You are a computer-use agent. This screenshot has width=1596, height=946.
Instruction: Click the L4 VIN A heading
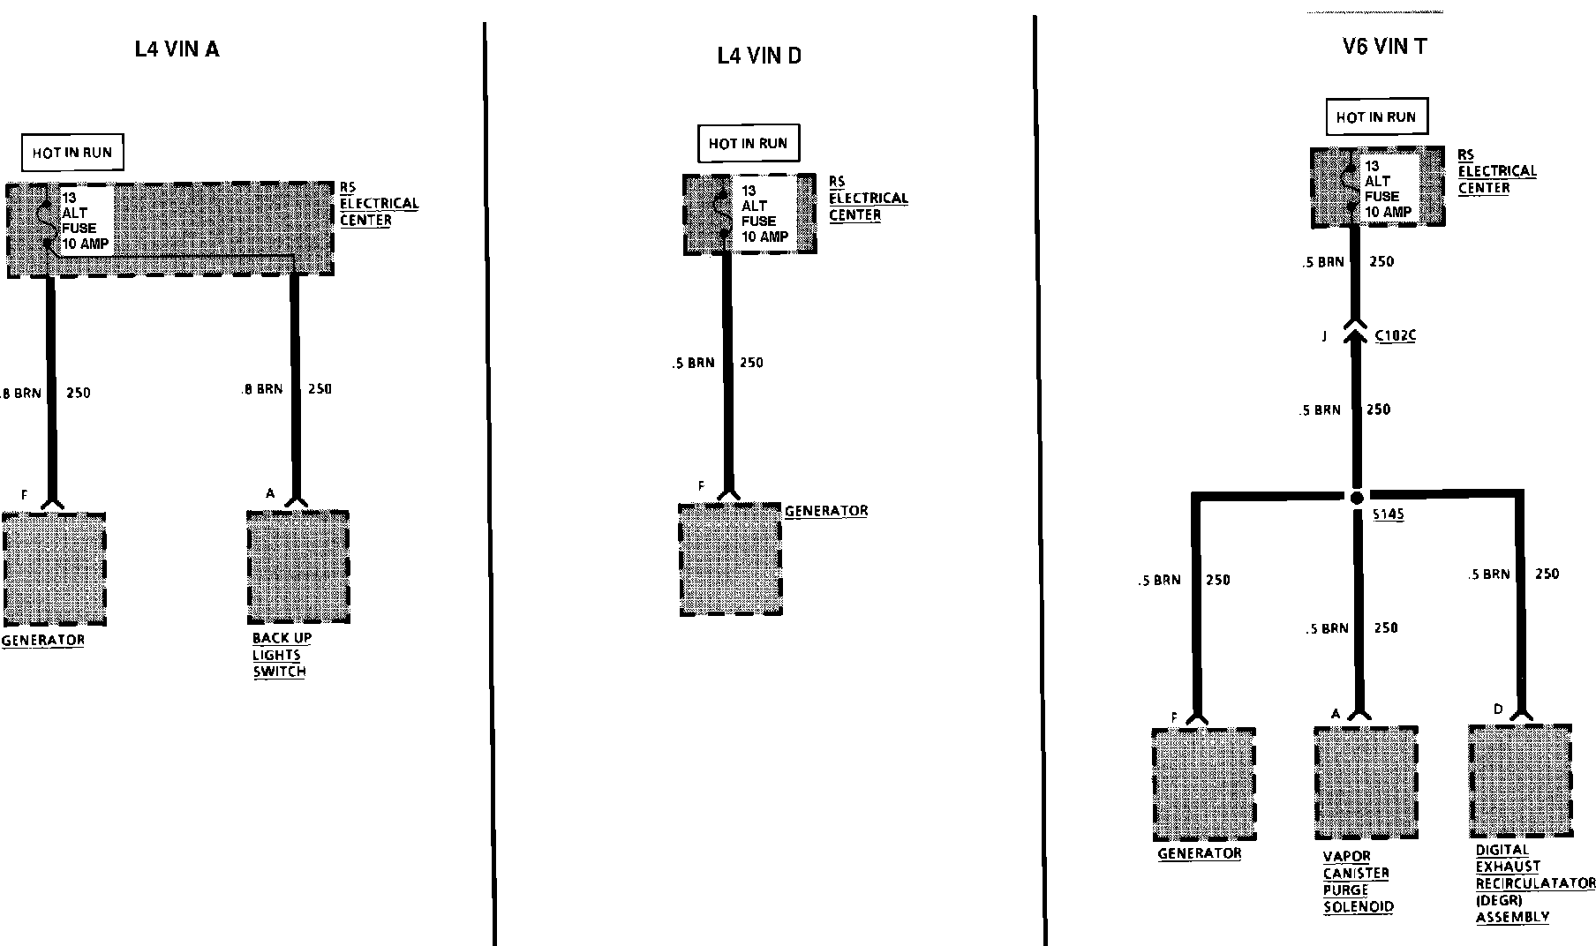click(177, 49)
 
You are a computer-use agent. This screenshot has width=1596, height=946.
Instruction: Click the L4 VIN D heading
click(758, 56)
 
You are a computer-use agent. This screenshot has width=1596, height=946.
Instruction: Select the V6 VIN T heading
click(1383, 47)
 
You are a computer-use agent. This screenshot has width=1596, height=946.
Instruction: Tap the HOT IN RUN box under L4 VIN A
click(72, 153)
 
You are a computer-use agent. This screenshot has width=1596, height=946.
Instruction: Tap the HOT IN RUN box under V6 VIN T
click(1375, 117)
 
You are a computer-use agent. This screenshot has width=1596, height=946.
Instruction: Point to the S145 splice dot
click(1358, 498)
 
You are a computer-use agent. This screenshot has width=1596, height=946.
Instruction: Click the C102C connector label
click(1396, 336)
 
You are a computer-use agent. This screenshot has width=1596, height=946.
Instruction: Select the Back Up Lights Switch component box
click(298, 566)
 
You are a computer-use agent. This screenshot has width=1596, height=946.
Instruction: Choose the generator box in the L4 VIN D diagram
click(730, 559)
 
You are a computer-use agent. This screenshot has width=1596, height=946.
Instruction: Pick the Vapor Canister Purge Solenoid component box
click(1365, 782)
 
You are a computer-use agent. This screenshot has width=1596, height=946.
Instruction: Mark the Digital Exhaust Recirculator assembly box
click(1520, 781)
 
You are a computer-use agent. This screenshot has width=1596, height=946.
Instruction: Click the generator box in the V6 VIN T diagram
click(1203, 784)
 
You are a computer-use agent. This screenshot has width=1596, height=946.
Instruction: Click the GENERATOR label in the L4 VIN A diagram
click(43, 641)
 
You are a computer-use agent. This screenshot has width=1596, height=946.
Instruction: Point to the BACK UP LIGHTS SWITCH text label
click(282, 655)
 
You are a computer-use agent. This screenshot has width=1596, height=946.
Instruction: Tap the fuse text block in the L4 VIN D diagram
click(764, 214)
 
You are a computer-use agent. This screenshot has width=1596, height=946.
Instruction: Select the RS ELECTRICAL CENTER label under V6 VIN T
click(1496, 171)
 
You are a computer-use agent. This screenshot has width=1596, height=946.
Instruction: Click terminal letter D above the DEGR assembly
click(1498, 709)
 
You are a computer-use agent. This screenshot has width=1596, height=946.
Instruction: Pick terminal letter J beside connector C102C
click(1324, 336)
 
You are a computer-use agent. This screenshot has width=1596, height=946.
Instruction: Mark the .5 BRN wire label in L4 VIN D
click(693, 363)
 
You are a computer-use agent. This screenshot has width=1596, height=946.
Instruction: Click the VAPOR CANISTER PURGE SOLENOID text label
click(1358, 881)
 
